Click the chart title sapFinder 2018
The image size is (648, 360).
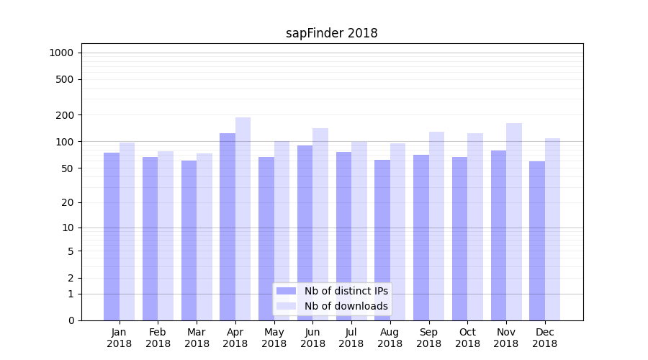coord(332,33)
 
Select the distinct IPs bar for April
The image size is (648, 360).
coord(228,227)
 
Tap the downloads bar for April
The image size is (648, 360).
coord(243,219)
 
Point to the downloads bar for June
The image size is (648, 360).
coord(320,224)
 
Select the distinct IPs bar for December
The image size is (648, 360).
coord(537,240)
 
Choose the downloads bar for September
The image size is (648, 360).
coord(436,226)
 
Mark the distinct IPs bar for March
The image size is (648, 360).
coord(189,240)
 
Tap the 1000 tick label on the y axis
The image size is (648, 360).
coord(61,53)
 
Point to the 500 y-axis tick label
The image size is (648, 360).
coord(66,79)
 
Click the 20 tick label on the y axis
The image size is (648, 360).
coord(68,202)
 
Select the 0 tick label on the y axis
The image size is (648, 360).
coord(71,320)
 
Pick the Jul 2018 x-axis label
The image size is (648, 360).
coord(351,338)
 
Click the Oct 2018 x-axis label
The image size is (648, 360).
coord(467,338)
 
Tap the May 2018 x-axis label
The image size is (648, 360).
coord(274,338)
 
